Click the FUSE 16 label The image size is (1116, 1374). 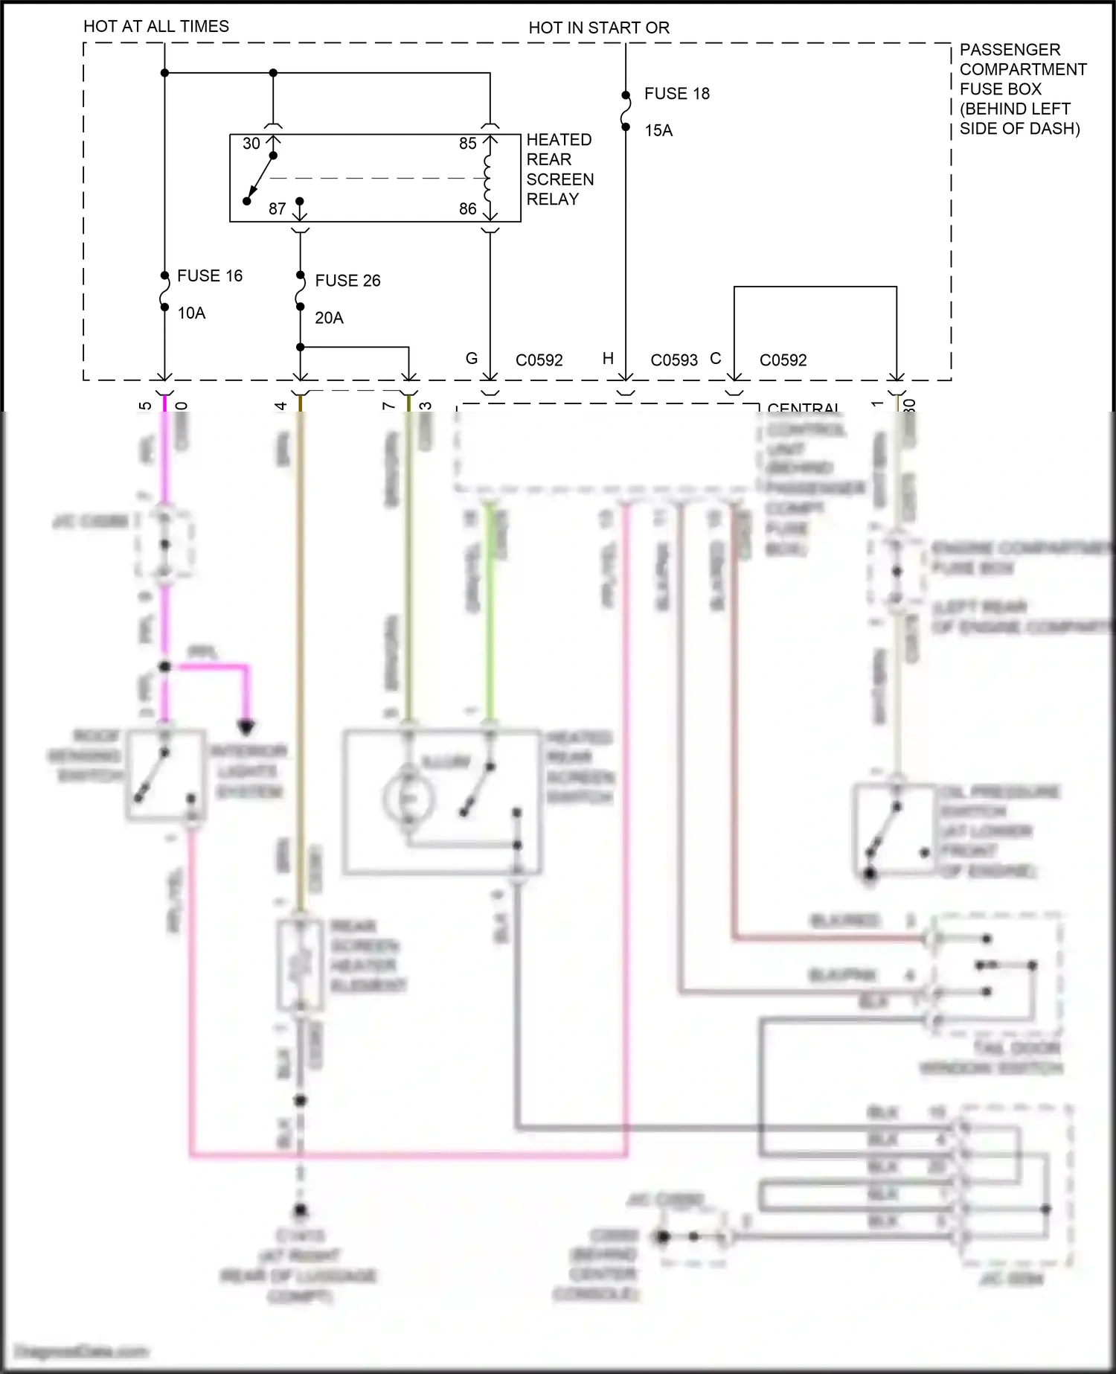tap(209, 276)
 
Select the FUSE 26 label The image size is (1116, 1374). tap(347, 281)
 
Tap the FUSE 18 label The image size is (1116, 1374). tap(676, 94)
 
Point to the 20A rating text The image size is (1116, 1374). tap(329, 318)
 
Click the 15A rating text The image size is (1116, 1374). tap(658, 131)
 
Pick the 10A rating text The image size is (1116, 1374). tap(191, 313)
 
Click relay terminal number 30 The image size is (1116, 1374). tap(251, 144)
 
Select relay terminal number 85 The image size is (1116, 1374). tap(467, 144)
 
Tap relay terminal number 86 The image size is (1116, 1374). tap(467, 209)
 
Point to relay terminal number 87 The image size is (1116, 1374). tap(277, 209)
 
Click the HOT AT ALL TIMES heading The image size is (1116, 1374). tap(156, 27)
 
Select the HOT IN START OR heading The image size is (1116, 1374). tap(599, 28)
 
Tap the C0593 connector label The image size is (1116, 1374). tap(674, 360)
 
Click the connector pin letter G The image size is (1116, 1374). tap(472, 359)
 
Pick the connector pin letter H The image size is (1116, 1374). tap(608, 359)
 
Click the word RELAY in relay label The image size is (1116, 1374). tap(552, 199)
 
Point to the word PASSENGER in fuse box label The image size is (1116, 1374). tap(1010, 50)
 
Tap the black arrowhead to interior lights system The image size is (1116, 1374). tap(246, 726)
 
